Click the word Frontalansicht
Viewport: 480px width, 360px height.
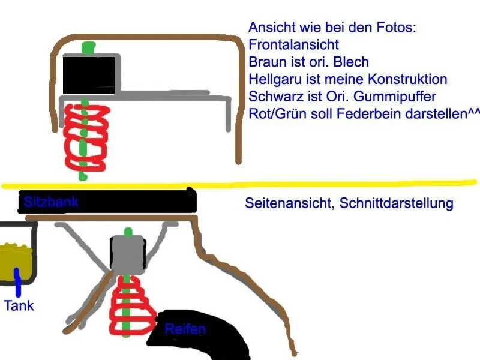click(293, 44)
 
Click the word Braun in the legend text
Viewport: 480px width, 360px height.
click(266, 62)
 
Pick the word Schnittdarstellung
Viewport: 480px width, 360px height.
click(397, 203)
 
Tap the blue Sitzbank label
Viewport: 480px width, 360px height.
click(51, 202)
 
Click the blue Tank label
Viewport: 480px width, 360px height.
click(19, 306)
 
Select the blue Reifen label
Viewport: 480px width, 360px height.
click(185, 329)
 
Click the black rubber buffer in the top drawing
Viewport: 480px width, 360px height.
click(88, 75)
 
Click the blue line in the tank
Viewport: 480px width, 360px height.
click(17, 282)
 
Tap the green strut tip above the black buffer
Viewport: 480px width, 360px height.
click(88, 47)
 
